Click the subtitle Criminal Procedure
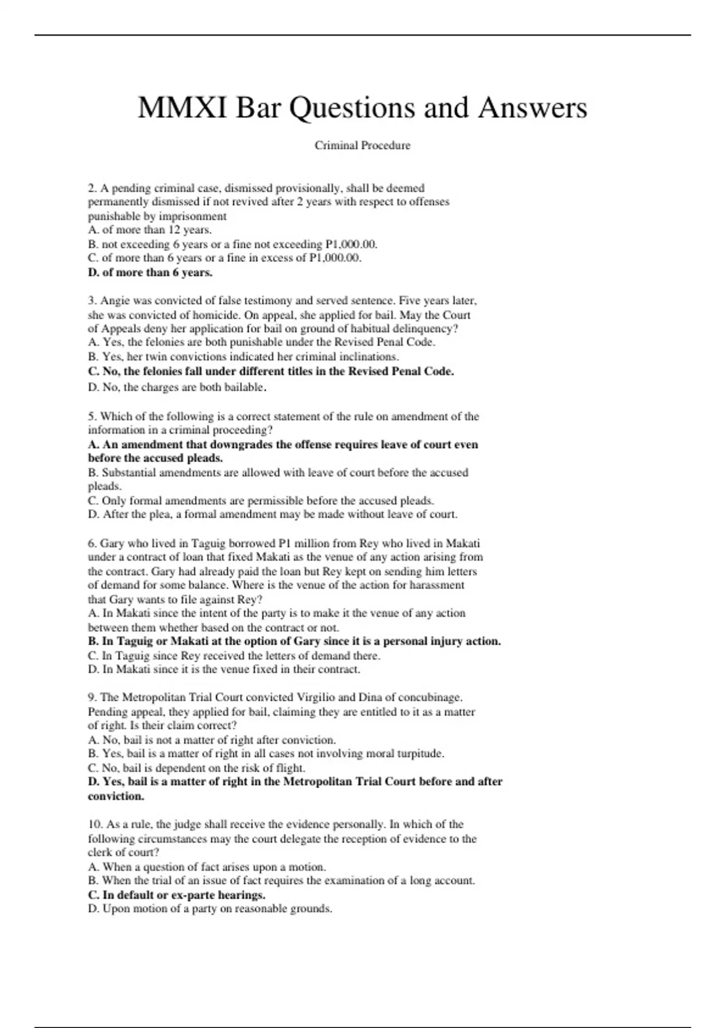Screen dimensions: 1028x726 coord(362,146)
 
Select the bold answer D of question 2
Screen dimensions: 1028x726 coord(150,273)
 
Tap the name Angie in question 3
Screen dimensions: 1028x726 coord(116,301)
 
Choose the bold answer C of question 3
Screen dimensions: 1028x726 coord(270,371)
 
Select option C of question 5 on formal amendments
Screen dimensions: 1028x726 coord(261,501)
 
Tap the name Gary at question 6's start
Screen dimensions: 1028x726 coord(111,544)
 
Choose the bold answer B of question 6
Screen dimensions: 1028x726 coord(294,642)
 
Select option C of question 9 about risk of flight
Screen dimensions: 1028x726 coord(196,769)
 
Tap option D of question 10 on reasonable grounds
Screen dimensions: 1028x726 coord(210,909)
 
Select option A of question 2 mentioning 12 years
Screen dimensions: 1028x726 coord(149,230)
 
